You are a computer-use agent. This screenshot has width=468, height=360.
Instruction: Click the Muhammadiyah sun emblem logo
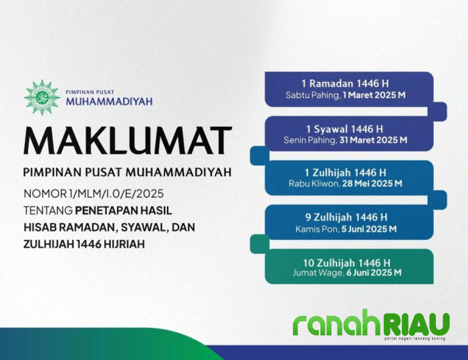41,98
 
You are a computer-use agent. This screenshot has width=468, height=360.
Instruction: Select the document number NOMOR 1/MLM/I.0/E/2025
94,194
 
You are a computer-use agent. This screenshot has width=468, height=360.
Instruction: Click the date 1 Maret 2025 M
374,96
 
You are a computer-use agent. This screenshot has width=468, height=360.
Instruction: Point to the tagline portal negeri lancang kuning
416,339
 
